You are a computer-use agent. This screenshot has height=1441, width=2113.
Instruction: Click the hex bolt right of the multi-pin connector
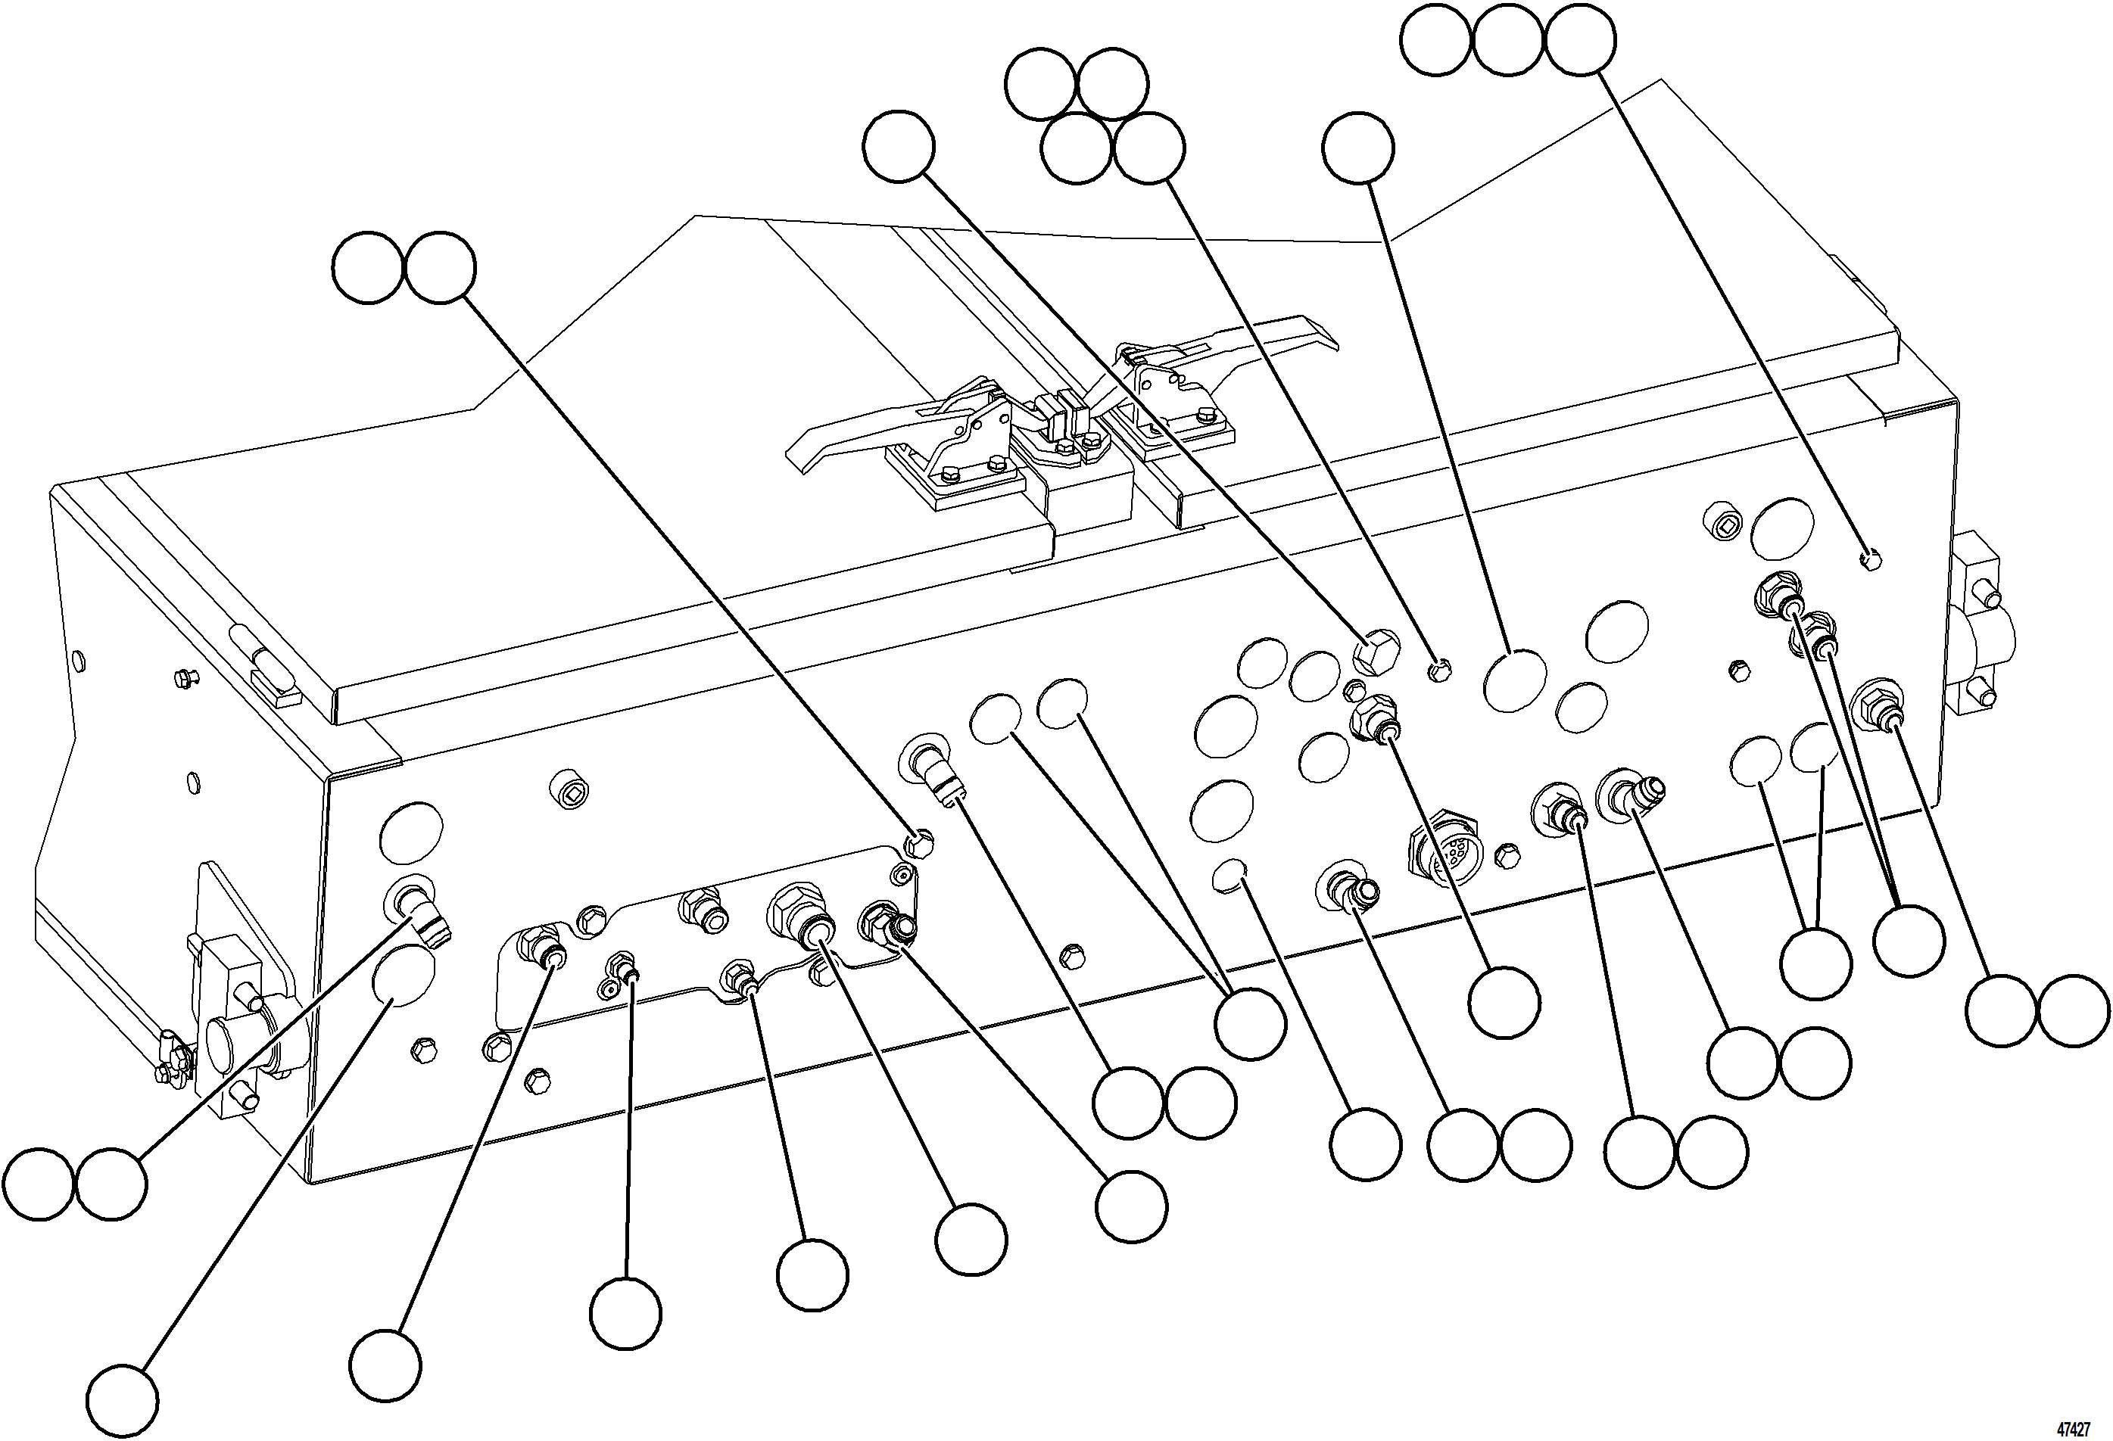coord(1506,854)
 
